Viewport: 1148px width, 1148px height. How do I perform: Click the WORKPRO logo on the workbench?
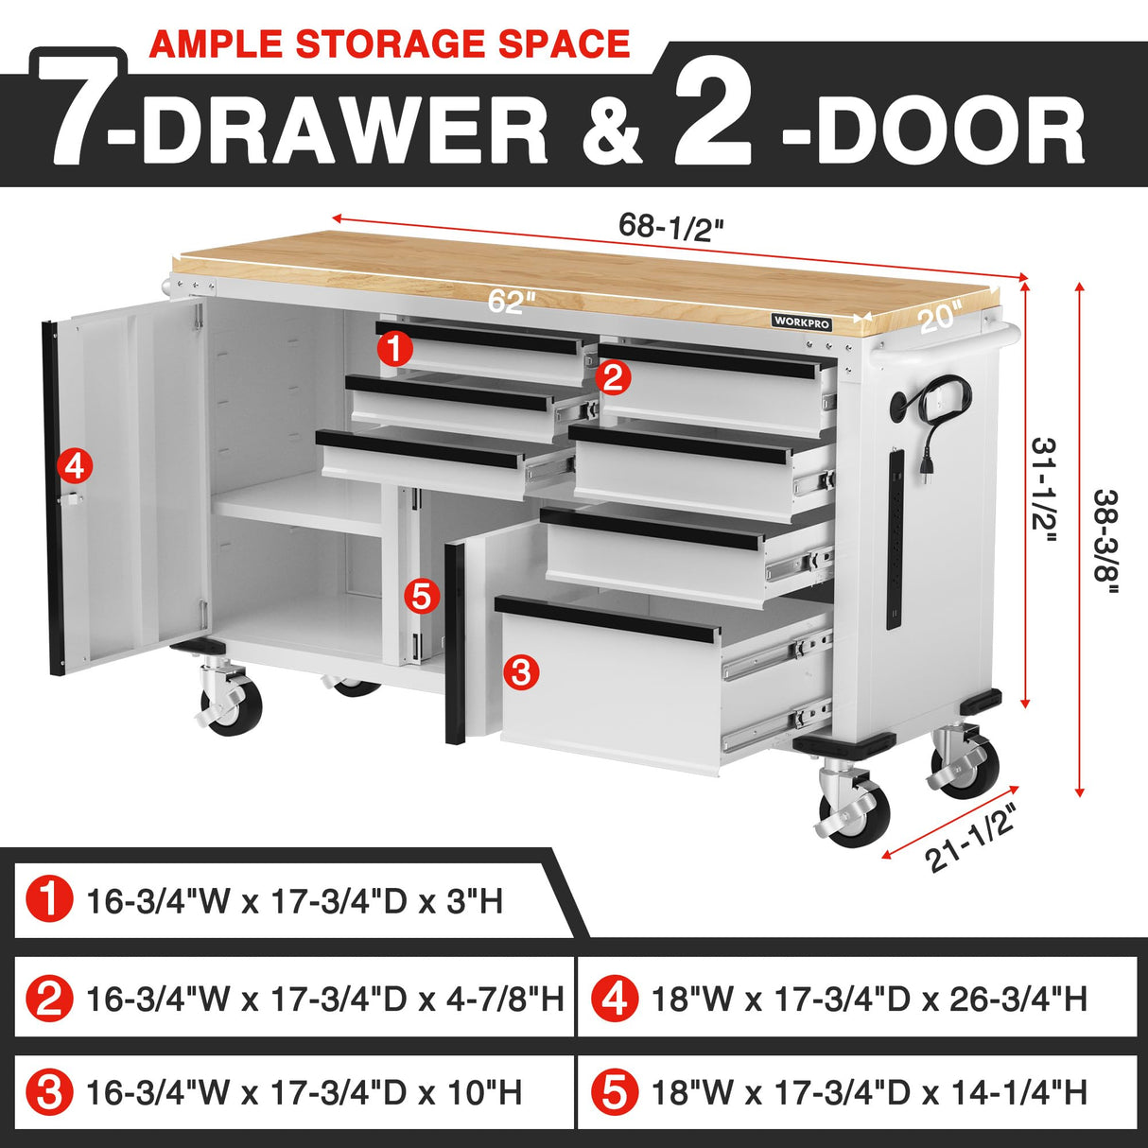pyautogui.click(x=802, y=322)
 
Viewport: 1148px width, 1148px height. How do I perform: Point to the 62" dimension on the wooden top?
pyautogui.click(x=513, y=302)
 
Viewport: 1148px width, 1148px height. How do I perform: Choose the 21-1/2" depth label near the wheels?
pyautogui.click(x=972, y=837)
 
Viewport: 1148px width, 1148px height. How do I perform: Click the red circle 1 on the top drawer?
pyautogui.click(x=394, y=350)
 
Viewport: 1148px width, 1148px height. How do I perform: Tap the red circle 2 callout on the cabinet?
pyautogui.click(x=613, y=378)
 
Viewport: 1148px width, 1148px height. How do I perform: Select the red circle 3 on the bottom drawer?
pyautogui.click(x=521, y=672)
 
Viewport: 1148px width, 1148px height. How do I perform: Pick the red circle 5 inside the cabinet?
pyautogui.click(x=421, y=597)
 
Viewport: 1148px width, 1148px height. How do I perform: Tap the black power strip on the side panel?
pyautogui.click(x=895, y=538)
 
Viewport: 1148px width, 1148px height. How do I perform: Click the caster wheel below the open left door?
pyautogui.click(x=227, y=704)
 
